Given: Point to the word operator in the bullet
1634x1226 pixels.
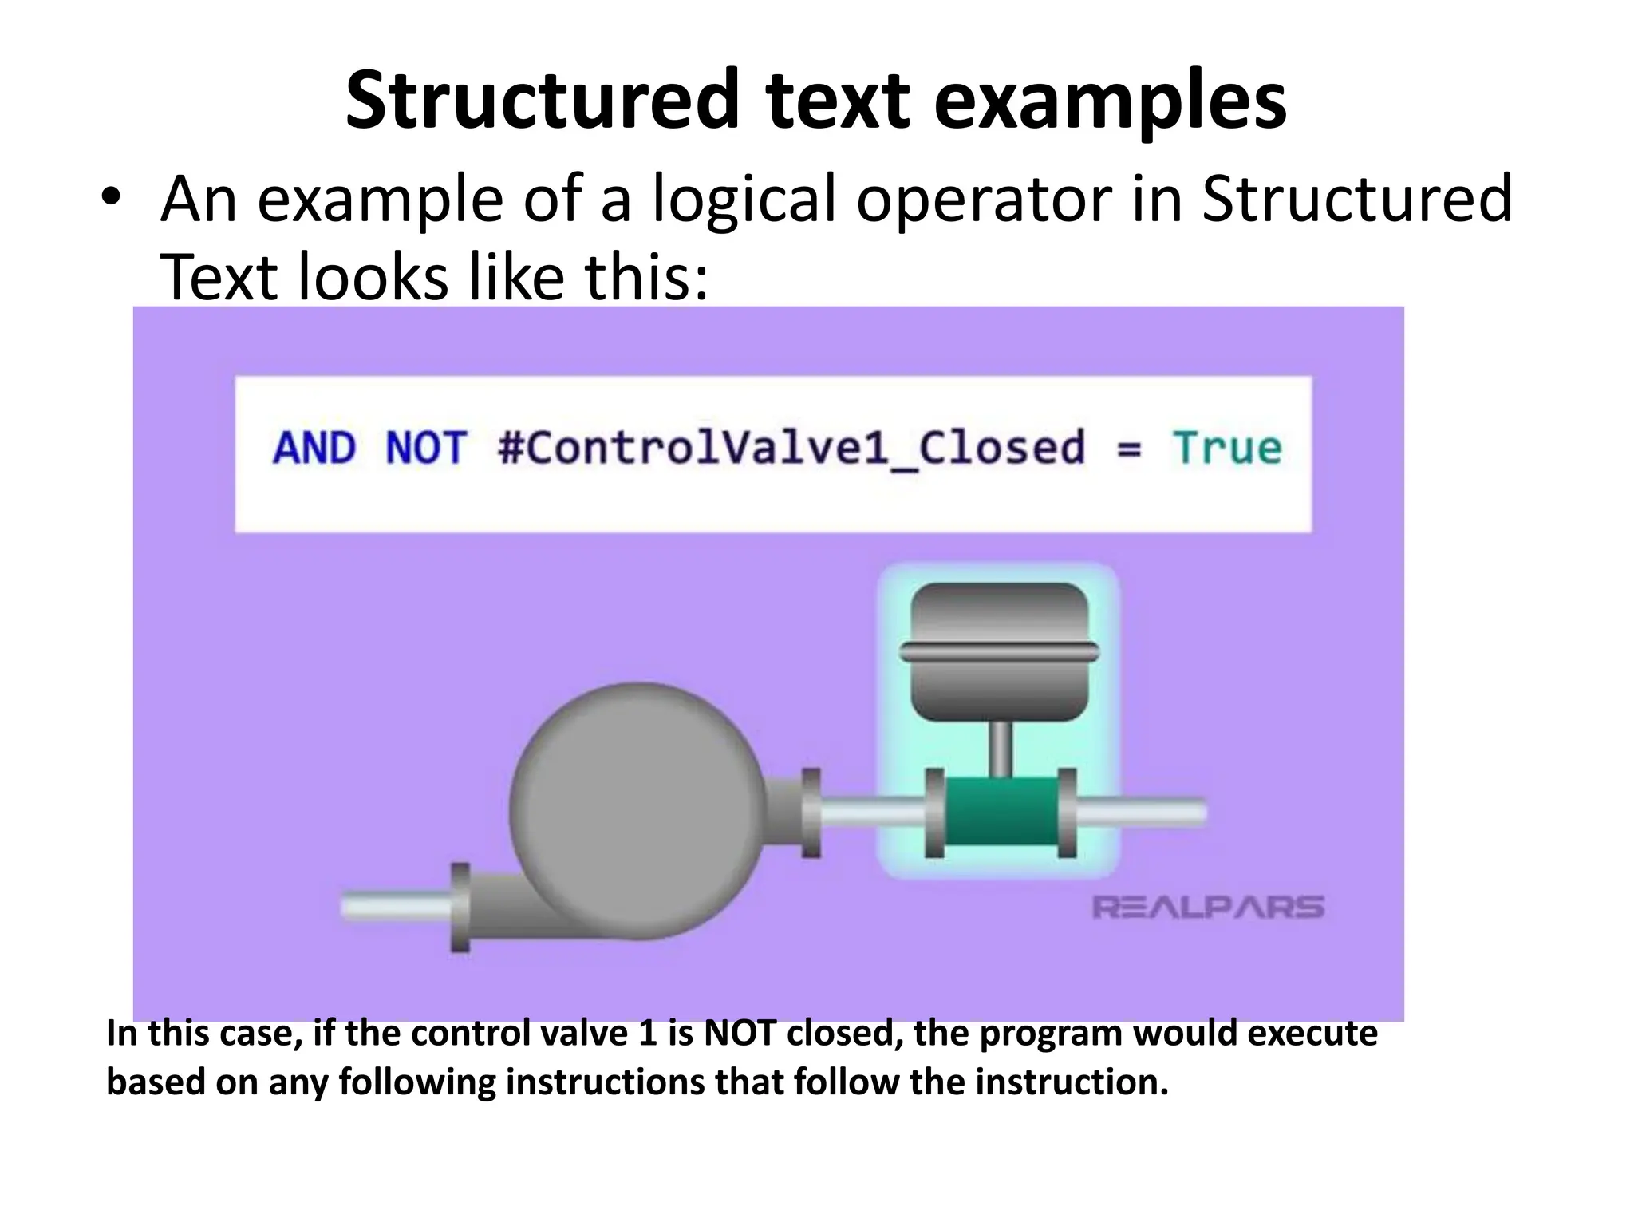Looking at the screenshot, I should (x=985, y=200).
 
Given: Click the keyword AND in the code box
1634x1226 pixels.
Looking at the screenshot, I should (x=314, y=448).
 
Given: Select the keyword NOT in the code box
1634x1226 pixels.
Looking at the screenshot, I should (x=425, y=448).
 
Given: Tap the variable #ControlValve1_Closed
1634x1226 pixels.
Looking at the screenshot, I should (x=790, y=448).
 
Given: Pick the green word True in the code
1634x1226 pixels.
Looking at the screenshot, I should (x=1226, y=448).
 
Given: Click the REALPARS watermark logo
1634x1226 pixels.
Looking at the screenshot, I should (x=1207, y=908).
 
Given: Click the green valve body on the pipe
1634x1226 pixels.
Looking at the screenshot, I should (x=1001, y=813).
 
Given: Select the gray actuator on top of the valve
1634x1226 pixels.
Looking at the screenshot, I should (x=1000, y=651).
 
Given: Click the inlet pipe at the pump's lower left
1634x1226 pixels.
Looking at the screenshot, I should (x=395, y=908).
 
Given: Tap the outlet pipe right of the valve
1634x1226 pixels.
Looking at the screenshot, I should (x=1141, y=813).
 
